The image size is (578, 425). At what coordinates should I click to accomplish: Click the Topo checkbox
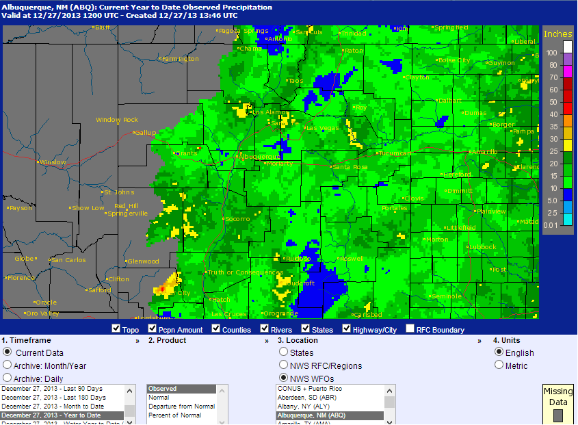pos(116,329)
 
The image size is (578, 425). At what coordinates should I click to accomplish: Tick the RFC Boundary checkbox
pos(410,329)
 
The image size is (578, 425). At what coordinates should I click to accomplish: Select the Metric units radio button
pos(499,365)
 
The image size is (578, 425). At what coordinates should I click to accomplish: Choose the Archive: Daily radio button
pos(8,377)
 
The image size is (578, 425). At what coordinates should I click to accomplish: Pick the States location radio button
pos(283,352)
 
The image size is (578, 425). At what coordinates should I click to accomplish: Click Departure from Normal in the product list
pos(181,407)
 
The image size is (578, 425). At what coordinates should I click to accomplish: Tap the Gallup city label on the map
pos(145,132)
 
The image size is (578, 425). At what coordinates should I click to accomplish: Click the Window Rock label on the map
pos(116,120)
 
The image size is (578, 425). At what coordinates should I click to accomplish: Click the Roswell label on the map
pos(352,259)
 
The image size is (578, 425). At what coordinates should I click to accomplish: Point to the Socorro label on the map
pos(237,219)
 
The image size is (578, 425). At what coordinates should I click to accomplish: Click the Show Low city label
pos(88,208)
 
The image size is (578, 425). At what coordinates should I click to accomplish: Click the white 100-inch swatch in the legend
pos(567,47)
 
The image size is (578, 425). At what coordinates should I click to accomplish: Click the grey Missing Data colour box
pos(557,415)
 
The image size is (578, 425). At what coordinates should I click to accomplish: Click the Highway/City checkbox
pos(347,329)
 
